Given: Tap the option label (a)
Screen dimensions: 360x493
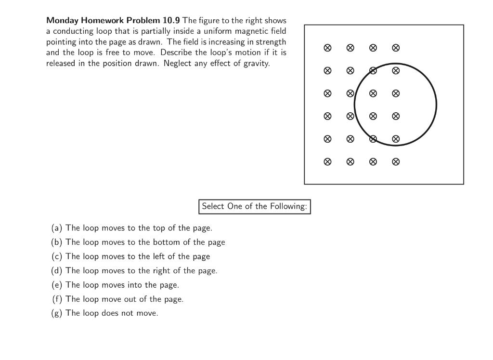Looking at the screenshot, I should [57, 228].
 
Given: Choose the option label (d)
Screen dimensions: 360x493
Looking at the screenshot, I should [57, 271].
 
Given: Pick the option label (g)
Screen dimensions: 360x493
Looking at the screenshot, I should [57, 313].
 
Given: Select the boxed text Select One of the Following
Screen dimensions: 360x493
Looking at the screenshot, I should [254, 206].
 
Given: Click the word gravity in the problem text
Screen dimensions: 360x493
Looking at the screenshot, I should [255, 64].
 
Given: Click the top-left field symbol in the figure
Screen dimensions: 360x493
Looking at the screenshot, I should [327, 48].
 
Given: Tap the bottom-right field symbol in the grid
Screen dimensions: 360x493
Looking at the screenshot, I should [396, 162].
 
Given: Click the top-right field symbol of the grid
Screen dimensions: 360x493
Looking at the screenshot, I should [396, 48].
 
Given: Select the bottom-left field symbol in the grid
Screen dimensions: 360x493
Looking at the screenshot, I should [327, 162].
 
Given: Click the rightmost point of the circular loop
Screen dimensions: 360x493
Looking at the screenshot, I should [437, 105].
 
